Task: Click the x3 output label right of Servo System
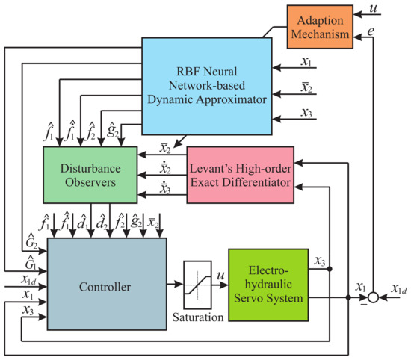click(318, 261)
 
